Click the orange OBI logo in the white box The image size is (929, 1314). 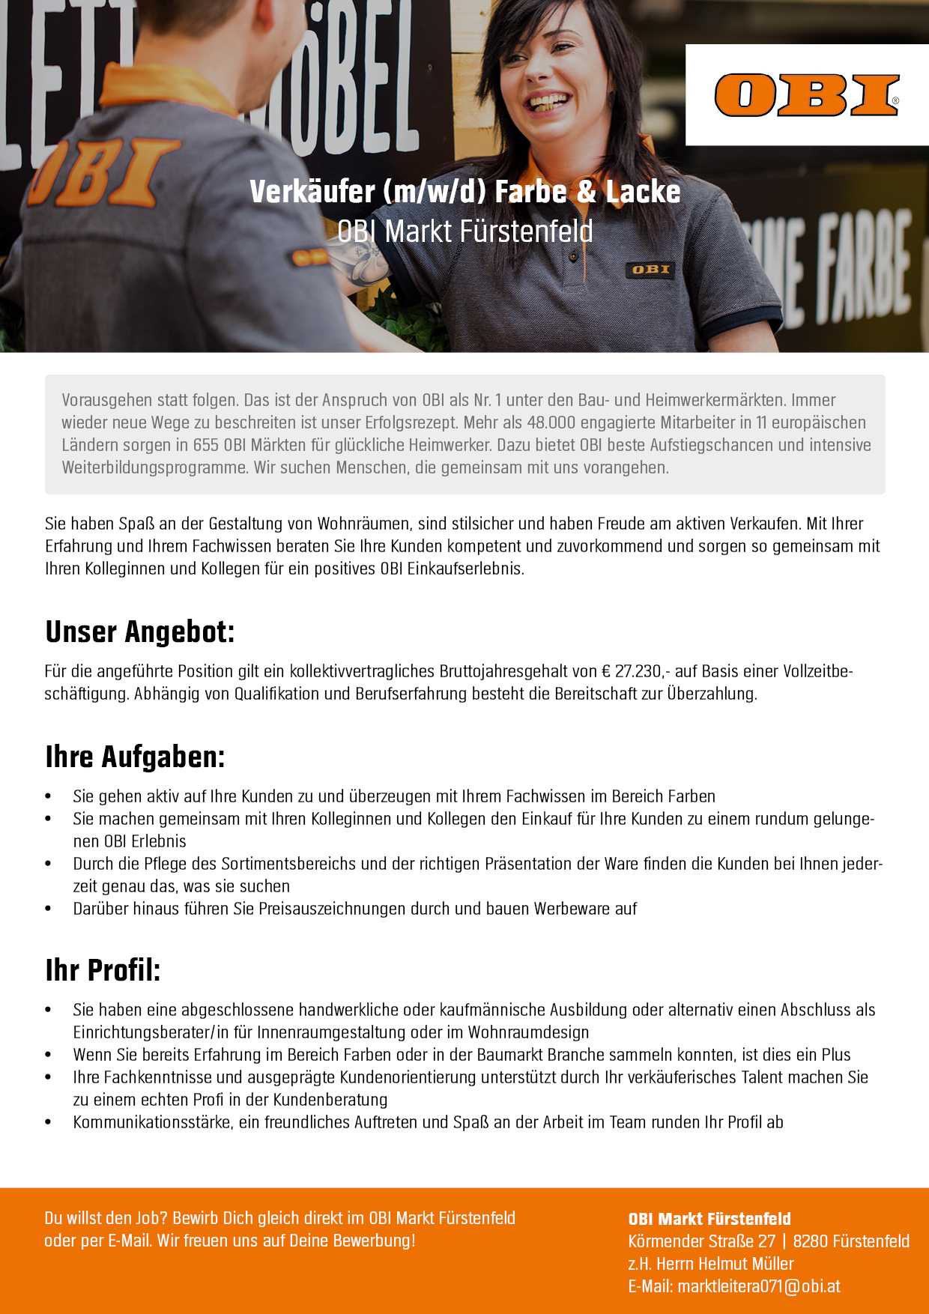tap(806, 95)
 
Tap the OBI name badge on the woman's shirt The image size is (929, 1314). tap(650, 270)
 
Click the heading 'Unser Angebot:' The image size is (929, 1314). tap(140, 632)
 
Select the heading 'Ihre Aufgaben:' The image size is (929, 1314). tap(135, 757)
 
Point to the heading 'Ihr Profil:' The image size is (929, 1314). tap(103, 970)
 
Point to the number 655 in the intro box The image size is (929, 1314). tap(206, 445)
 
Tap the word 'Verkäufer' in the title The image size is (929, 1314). tap(312, 192)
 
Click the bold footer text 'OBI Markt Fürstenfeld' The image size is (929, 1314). tap(709, 1219)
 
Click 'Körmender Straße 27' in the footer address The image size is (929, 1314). tap(701, 1241)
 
